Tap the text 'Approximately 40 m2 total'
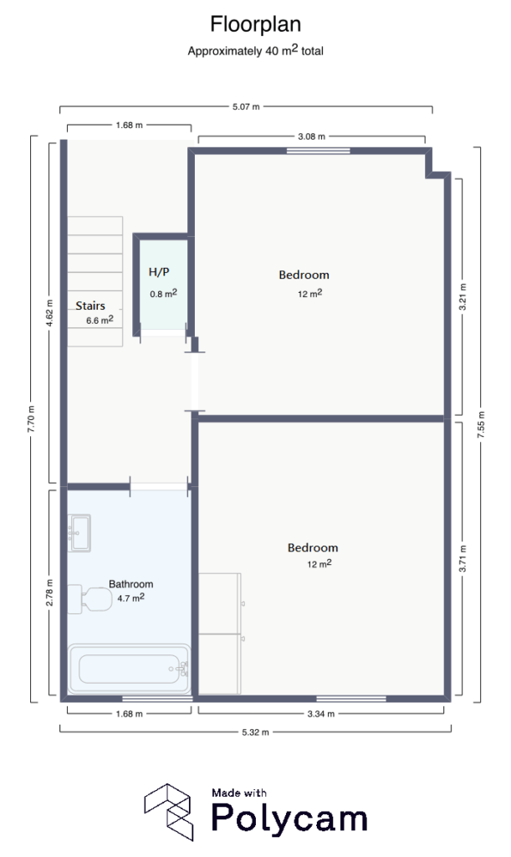tap(255, 50)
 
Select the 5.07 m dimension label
tap(246, 107)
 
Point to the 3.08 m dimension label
tap(311, 136)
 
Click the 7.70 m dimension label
tap(31, 418)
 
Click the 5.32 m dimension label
tap(255, 732)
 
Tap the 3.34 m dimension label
tap(320, 714)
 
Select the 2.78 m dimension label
tap(49, 593)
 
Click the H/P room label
tap(159, 272)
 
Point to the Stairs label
tap(90, 305)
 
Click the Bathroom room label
tap(130, 583)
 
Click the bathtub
tap(130, 669)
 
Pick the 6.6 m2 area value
tap(99, 320)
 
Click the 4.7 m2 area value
tap(130, 598)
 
